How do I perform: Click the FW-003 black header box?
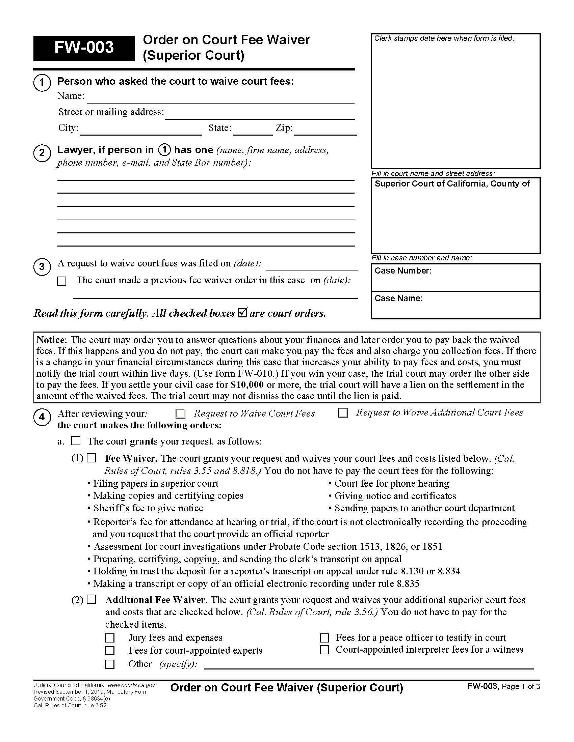(84, 48)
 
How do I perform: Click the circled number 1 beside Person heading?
(42, 83)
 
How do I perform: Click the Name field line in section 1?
(220, 98)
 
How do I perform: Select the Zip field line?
(325, 131)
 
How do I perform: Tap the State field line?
(253, 131)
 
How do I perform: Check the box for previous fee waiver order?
(61, 281)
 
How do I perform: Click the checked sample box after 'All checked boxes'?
(242, 312)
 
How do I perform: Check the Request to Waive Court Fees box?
(180, 413)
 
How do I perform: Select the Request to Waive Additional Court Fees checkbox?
(343, 413)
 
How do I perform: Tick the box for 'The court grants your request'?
(76, 441)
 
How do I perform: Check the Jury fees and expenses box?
(109, 638)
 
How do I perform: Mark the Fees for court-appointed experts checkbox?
(109, 651)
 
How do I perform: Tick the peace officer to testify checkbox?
(324, 638)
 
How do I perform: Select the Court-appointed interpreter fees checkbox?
(324, 650)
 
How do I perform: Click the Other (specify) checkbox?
(109, 664)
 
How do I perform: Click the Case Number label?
(402, 271)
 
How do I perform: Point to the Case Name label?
(398, 298)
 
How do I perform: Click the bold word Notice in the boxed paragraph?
(51, 340)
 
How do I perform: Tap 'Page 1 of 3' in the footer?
(521, 687)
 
